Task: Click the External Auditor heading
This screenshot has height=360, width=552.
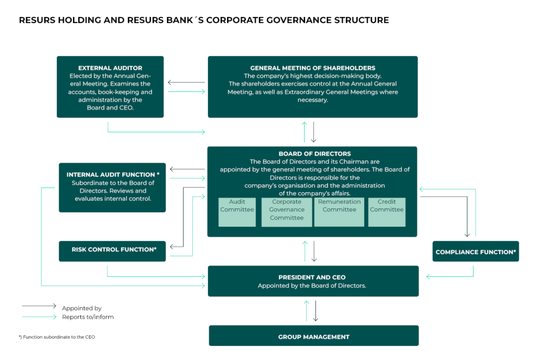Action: coord(110,68)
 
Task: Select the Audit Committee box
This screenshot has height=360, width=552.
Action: coord(237,212)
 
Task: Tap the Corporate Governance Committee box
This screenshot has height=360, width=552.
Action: coord(286,212)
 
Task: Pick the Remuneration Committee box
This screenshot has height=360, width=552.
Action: coord(339,212)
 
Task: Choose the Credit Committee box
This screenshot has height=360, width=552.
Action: coord(387,212)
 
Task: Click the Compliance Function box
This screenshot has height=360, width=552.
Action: coord(475,252)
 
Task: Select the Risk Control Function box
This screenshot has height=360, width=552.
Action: coord(112,251)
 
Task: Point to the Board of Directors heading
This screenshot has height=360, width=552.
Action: coord(315,154)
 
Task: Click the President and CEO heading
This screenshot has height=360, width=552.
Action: coord(312,277)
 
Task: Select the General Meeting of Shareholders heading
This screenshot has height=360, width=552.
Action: coord(313,68)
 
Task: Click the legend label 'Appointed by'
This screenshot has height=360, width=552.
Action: coord(82,308)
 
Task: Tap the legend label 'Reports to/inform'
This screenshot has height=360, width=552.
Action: coord(88,317)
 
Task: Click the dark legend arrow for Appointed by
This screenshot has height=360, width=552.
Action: coord(39,306)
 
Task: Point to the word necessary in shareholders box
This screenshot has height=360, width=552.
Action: coord(313,100)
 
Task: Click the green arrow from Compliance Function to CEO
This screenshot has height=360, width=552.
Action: coord(450,276)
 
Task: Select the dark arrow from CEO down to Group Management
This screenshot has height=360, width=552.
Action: coord(315,311)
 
